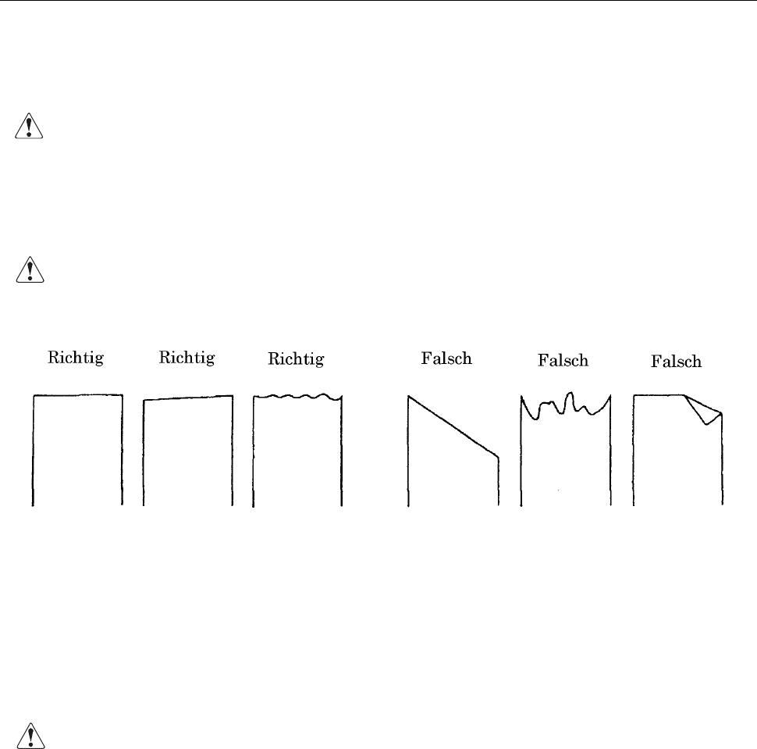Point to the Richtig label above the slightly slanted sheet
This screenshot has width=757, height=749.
coord(187,358)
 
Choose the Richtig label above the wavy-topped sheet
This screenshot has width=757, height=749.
coord(296,359)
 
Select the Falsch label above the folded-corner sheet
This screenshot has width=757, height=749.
coord(677,362)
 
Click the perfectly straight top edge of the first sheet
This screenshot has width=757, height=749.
coord(77,395)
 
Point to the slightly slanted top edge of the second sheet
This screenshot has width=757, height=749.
coord(188,398)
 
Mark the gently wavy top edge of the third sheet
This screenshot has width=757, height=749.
coord(297,398)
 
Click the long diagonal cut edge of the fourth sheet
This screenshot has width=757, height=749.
coord(453,426)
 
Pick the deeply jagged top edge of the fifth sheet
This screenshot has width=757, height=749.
coord(565,405)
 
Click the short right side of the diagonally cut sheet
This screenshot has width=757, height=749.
coord(499,480)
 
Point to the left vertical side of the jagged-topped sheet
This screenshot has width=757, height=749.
coord(521,461)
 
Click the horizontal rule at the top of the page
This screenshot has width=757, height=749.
coord(378,1)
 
